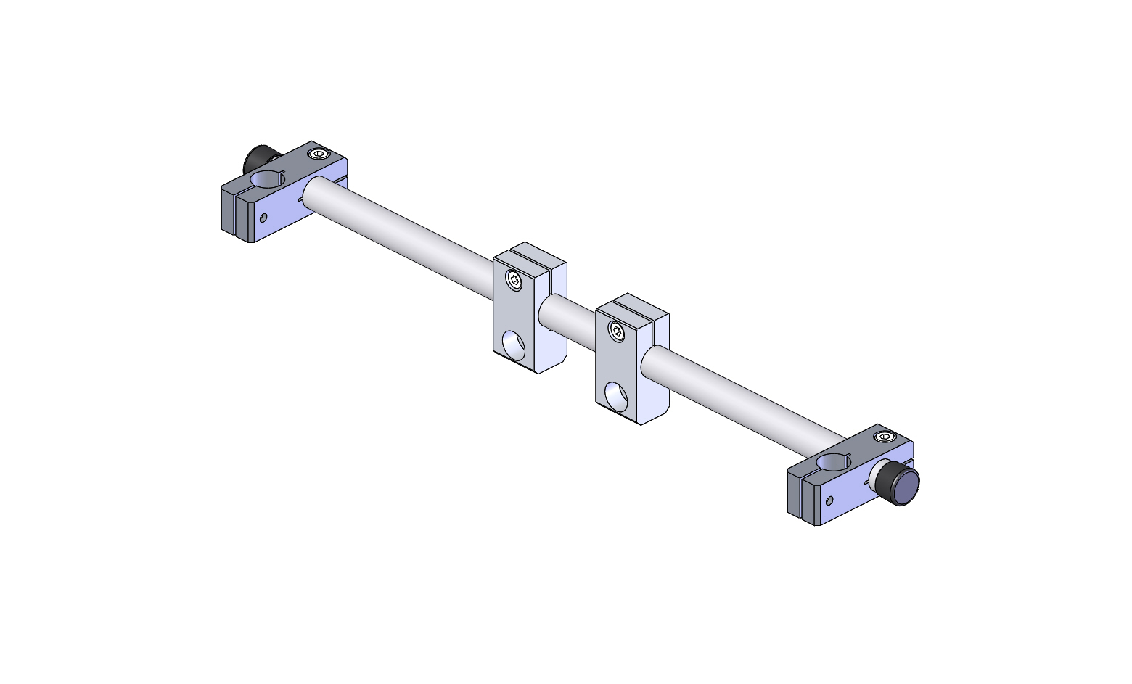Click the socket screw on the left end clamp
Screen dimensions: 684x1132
tap(317, 154)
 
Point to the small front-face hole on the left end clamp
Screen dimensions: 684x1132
tap(263, 217)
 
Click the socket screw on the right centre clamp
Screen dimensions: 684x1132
tap(617, 331)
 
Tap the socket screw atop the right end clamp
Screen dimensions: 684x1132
tap(884, 437)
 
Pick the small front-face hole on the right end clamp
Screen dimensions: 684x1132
tap(829, 500)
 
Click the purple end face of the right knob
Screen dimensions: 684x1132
tap(906, 486)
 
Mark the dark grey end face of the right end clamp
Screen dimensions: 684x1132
tap(794, 495)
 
